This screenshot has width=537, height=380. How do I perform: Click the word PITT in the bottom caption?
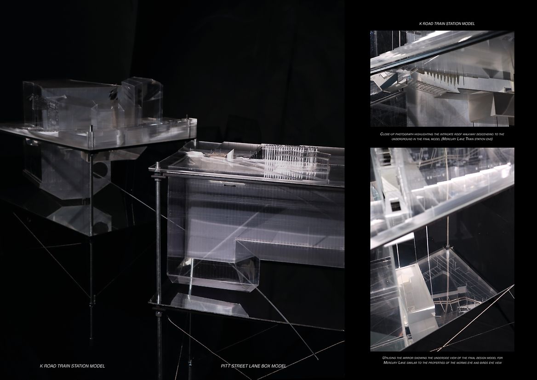click(x=226, y=366)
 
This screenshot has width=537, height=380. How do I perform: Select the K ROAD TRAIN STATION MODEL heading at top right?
click(x=447, y=23)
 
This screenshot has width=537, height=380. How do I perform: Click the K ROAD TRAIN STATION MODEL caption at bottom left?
click(x=72, y=366)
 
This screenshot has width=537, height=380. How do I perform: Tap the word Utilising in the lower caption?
click(x=389, y=358)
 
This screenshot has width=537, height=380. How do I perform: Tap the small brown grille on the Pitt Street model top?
click(x=217, y=155)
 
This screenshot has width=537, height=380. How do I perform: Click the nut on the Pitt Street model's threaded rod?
click(x=158, y=178)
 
